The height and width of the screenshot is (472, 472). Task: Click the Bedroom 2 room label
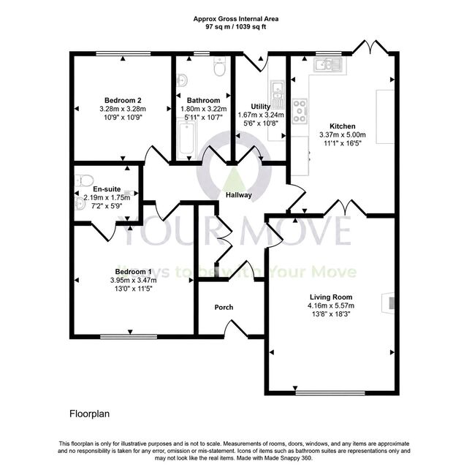pos(123,100)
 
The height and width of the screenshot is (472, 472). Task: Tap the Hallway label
pos(239,195)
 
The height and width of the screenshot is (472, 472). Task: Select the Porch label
pos(224,308)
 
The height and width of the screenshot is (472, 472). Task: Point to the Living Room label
pos(331,297)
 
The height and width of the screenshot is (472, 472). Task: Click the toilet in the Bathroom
pos(219,66)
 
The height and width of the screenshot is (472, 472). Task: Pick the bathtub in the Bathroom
pos(186,140)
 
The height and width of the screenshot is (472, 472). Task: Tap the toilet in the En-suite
pos(84,180)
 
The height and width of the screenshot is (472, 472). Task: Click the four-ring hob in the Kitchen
pos(300,111)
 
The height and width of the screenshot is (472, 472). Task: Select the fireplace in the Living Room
pos(388,302)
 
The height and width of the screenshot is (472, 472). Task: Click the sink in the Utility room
pos(277,94)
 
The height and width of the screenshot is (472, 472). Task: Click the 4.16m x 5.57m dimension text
pos(331,306)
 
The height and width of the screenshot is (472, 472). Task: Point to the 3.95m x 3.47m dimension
pos(134,281)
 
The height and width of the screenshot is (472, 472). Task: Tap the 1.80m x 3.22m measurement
pos(204,109)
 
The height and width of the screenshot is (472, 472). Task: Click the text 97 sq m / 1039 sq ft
pos(236,27)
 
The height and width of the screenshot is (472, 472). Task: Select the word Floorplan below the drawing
pos(89,414)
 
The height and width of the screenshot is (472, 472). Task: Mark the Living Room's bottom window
pos(330,393)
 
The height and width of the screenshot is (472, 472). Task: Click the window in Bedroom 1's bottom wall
pos(129,337)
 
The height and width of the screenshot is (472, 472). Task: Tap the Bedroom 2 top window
pos(123,53)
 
